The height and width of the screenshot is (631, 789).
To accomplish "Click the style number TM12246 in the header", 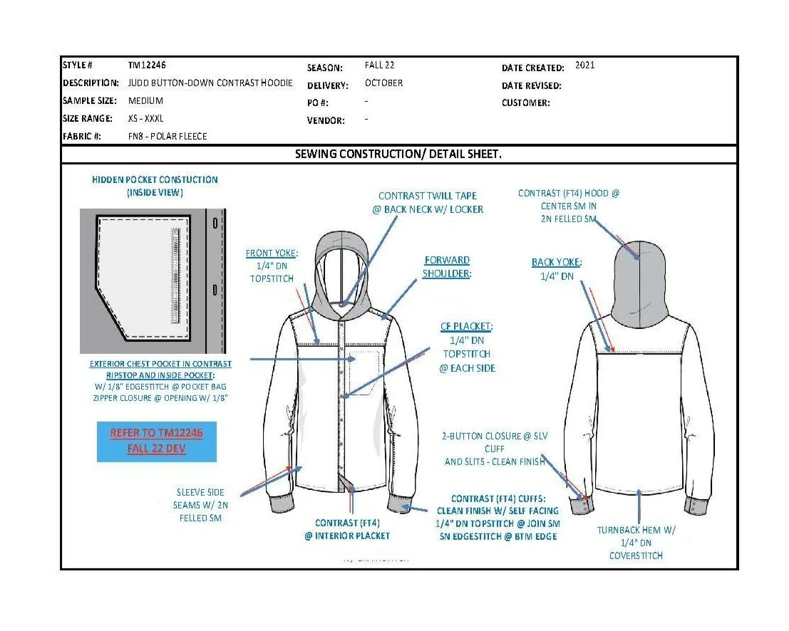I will [x=148, y=65].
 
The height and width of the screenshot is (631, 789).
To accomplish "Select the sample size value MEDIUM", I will [x=145, y=100].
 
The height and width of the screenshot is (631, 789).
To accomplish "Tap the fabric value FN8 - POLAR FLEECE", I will [x=167, y=136].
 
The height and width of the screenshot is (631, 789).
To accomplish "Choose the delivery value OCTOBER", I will [x=383, y=83].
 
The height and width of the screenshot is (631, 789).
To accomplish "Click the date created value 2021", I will [x=584, y=65].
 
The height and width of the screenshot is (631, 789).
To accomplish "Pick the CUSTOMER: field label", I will [x=525, y=103].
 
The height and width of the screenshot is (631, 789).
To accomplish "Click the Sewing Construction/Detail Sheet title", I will [x=398, y=154].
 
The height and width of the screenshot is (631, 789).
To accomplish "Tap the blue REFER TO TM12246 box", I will [x=156, y=442].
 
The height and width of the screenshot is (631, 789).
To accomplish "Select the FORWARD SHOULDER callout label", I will [x=446, y=267].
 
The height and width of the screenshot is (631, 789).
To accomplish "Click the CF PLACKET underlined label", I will [x=467, y=327].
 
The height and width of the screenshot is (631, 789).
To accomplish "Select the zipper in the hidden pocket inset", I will [x=173, y=275].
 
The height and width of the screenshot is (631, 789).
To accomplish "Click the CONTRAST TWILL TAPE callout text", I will [x=428, y=202].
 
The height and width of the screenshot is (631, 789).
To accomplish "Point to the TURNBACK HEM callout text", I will [x=636, y=543].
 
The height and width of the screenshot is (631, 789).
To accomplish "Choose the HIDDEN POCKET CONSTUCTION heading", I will [x=155, y=186].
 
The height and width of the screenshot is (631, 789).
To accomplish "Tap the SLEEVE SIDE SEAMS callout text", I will [x=200, y=505].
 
